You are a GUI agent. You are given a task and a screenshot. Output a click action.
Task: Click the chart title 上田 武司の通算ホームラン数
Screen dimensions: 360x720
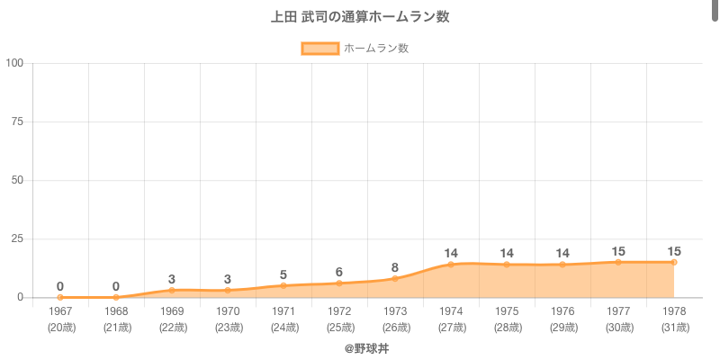pos(360,17)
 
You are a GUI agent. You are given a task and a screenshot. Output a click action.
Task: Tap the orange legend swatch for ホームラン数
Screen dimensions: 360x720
pos(319,49)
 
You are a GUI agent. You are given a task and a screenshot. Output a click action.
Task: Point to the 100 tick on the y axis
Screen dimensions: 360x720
pos(14,63)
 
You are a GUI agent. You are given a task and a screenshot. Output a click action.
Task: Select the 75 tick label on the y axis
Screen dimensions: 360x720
pos(17,121)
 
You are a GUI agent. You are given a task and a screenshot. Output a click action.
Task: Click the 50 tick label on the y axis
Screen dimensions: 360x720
pos(17,180)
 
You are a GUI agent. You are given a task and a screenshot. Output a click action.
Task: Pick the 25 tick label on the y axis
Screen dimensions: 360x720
pos(17,238)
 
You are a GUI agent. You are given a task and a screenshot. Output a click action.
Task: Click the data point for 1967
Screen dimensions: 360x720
pos(60,297)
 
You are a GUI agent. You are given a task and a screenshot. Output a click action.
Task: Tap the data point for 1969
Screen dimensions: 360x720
pos(172,290)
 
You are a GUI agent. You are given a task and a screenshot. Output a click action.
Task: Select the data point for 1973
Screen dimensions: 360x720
pos(395,278)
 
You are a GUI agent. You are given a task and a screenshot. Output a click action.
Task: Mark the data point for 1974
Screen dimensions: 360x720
pos(451,265)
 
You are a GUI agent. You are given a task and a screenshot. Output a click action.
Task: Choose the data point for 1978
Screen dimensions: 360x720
pos(674,262)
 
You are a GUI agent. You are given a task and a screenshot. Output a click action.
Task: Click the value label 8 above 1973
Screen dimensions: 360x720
pos(395,267)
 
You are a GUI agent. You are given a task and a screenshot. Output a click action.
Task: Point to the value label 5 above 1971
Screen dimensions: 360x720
pos(283,274)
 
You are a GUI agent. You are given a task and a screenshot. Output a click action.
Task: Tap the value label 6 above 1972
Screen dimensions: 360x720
pos(339,272)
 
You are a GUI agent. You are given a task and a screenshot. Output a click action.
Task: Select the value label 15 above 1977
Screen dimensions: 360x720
pos(618,251)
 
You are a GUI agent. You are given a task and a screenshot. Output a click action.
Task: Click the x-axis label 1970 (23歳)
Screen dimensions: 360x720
pos(228,319)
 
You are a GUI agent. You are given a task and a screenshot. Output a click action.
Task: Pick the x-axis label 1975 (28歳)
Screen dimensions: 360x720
pos(507,319)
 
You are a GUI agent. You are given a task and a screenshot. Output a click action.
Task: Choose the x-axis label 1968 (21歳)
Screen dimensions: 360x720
pos(116,319)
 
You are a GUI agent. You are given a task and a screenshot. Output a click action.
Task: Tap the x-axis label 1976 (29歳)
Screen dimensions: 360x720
pos(562,319)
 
